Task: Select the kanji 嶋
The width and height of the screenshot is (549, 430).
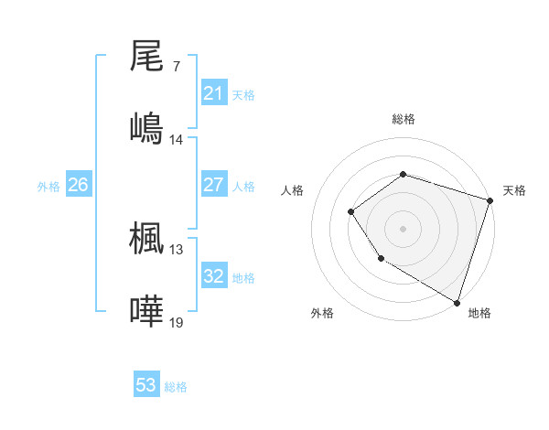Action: (146, 127)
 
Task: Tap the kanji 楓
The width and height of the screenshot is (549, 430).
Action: (146, 237)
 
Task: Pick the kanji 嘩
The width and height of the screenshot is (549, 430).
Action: (146, 310)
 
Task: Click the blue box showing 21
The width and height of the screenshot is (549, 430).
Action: (213, 93)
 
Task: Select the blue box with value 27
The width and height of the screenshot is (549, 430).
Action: (213, 185)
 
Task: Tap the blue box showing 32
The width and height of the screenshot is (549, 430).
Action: (213, 276)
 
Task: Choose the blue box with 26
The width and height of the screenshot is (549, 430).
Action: (78, 185)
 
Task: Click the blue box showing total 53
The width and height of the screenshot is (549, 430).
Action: (146, 385)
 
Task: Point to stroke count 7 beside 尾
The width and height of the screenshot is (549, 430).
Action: (176, 68)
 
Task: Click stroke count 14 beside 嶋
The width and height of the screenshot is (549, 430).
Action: (177, 140)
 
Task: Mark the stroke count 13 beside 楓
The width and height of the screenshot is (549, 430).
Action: (177, 250)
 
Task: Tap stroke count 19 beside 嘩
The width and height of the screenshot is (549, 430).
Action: (177, 323)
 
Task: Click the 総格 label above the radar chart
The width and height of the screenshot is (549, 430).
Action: (403, 119)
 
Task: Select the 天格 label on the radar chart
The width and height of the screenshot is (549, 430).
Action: (514, 190)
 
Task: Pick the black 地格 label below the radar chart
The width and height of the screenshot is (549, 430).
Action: (479, 313)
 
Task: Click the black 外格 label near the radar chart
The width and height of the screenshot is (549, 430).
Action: (322, 313)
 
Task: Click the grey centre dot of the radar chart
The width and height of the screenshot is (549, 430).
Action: (403, 229)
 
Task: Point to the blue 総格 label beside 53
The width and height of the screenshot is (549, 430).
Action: (176, 387)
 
